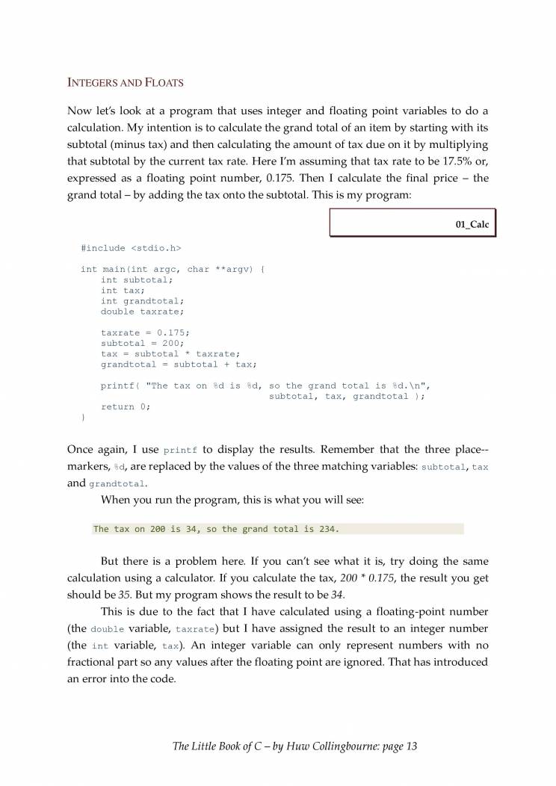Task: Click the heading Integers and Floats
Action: click(126, 82)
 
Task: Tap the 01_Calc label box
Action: click(413, 223)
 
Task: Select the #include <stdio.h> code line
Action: click(131, 247)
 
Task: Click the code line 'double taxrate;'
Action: click(142, 312)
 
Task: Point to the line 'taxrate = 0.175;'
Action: click(145, 332)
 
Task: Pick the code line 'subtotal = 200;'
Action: click(142, 343)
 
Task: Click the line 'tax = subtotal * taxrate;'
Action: click(170, 353)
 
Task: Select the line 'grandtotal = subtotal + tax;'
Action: click(179, 364)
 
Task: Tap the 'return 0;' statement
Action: click(126, 406)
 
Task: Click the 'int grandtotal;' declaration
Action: click(142, 301)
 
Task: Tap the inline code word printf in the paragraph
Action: click(180, 451)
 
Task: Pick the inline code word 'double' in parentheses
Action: click(107, 630)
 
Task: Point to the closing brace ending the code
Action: click(83, 417)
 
